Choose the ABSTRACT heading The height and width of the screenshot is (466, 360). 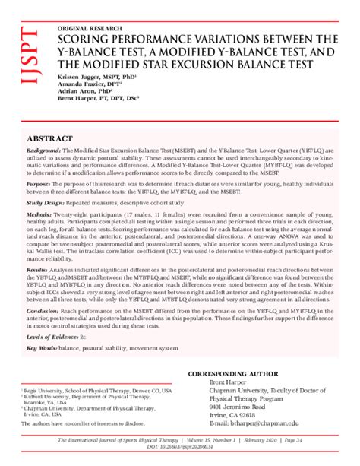50,141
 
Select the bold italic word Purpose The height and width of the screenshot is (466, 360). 39,184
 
